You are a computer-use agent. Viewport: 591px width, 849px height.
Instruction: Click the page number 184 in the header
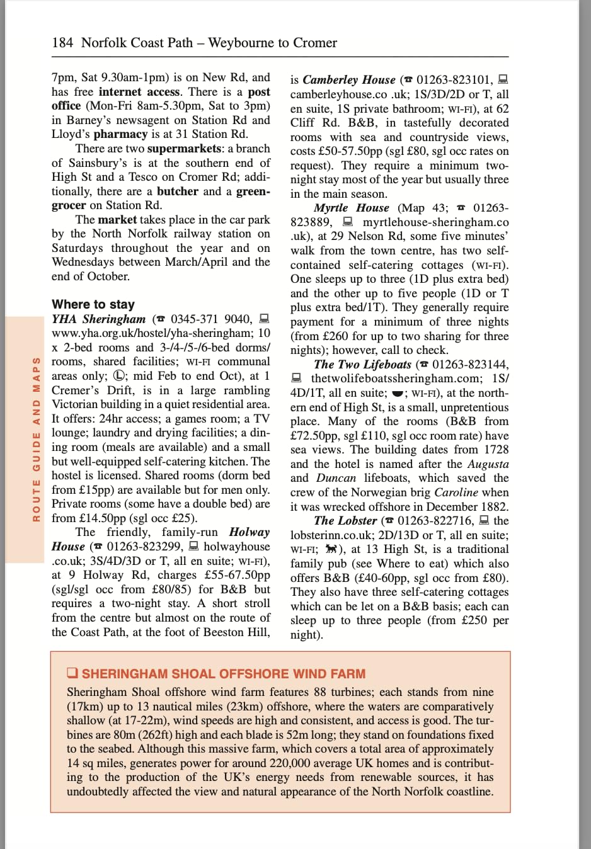[62, 43]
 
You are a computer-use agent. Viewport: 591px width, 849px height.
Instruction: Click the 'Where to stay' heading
[93, 304]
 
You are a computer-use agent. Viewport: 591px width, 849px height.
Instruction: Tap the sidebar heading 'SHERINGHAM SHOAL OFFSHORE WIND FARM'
[223, 673]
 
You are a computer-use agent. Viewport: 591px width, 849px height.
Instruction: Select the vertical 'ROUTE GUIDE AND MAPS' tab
[36, 439]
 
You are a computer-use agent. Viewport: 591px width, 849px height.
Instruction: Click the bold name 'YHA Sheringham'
[98, 319]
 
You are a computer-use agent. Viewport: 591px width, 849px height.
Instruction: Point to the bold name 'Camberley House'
[348, 80]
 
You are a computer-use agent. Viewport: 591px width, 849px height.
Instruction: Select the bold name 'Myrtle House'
[351, 208]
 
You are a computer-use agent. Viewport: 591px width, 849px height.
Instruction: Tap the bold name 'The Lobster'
[345, 521]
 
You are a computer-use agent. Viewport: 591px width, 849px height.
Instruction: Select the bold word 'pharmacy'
[120, 134]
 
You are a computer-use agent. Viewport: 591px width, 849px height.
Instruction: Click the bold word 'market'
[117, 220]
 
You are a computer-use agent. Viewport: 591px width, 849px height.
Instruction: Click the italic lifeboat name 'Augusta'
[488, 464]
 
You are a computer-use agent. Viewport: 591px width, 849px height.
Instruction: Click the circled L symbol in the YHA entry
[119, 376]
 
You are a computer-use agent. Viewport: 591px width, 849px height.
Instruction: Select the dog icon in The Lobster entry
[331, 549]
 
